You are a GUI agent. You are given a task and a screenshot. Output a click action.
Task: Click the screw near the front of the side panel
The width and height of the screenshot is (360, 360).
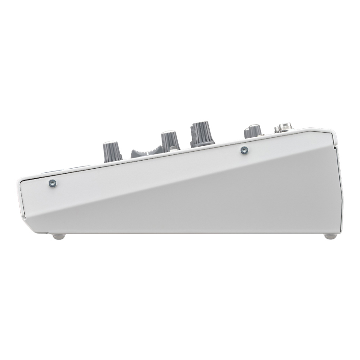pos(52,183)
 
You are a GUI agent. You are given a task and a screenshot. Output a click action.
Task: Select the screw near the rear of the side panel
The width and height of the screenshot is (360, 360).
pos(244,149)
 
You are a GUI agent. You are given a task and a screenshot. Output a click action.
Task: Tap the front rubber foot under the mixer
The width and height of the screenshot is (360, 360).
pos(56,236)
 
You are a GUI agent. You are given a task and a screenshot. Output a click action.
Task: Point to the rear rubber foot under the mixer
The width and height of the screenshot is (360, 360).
pos(330,236)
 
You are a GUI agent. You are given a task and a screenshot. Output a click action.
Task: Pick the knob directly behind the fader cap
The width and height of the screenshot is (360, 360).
pos(170,141)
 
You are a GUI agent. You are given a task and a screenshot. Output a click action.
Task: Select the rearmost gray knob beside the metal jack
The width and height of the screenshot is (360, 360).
pos(253,131)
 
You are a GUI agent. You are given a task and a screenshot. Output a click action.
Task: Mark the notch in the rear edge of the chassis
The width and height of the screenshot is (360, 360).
pos(337,146)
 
